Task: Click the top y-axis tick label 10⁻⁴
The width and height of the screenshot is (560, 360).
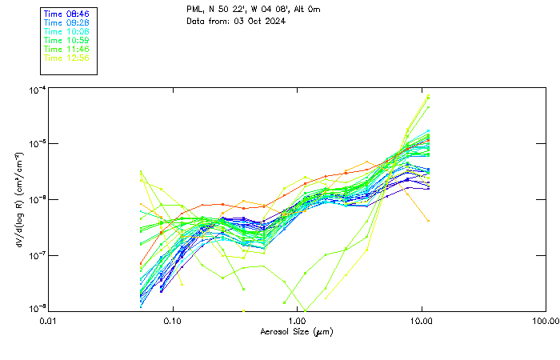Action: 37,89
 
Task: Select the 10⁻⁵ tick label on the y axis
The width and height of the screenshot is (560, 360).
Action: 37,144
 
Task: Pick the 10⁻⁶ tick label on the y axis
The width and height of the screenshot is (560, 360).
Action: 37,199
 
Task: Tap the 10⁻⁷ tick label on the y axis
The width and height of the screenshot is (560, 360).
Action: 37,255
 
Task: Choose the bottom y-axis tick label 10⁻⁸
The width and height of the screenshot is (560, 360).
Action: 37,310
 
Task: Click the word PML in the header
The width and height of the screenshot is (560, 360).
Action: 194,9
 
